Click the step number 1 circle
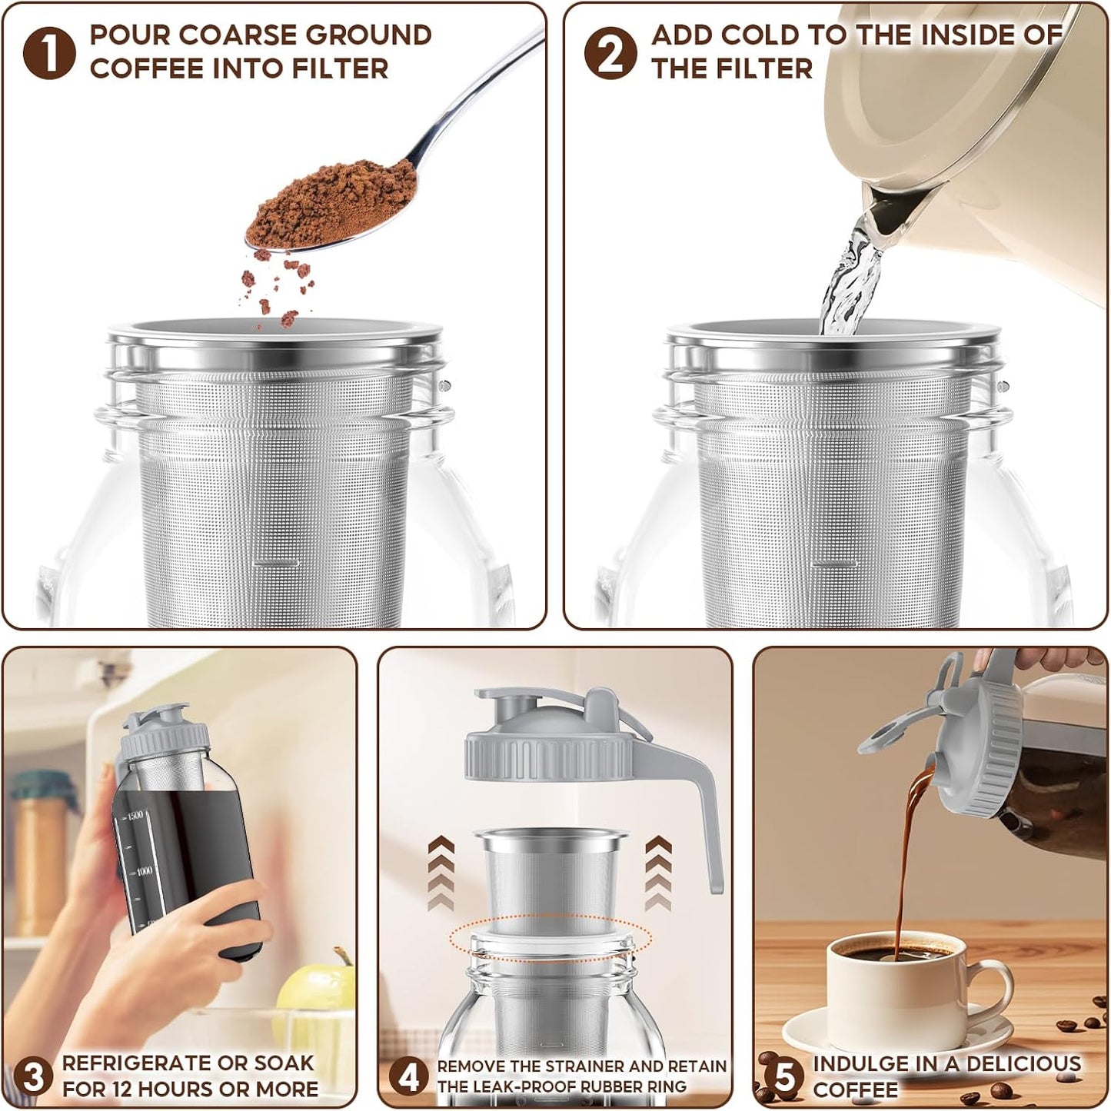49,53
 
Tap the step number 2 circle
610,53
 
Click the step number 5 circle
784,1076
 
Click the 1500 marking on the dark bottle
135,816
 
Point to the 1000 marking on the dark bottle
143,871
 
